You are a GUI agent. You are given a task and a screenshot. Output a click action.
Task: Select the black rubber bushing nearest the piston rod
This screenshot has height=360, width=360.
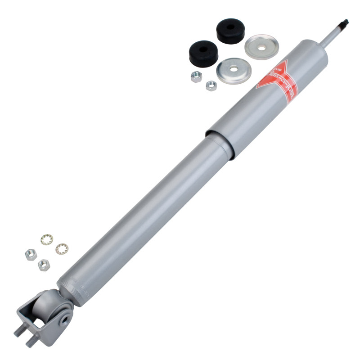point(230,31)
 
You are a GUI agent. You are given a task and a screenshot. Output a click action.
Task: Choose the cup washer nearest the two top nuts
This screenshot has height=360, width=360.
point(232,70)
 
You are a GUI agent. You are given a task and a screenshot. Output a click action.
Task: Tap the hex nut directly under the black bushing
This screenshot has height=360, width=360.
point(196,76)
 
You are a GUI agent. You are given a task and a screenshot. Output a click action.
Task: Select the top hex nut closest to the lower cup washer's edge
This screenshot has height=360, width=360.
point(211,85)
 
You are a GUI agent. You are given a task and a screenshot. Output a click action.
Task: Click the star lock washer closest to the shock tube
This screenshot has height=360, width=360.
point(62,248)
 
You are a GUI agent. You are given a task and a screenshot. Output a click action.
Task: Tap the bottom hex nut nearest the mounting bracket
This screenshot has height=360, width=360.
point(44,265)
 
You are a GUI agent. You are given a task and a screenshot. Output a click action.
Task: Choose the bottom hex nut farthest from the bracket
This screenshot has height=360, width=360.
point(30,254)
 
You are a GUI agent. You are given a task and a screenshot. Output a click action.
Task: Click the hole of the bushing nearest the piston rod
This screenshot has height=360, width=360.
point(230,27)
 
